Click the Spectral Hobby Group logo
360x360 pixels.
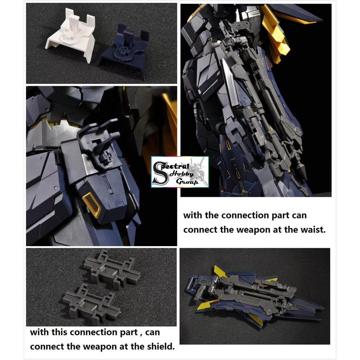(x=180, y=172)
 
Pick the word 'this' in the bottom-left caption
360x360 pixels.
(x=58, y=332)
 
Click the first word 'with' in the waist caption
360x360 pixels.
(x=192, y=215)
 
